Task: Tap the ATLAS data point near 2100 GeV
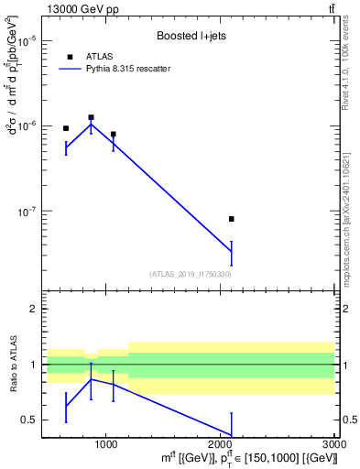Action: tap(232, 219)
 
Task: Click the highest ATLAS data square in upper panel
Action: tap(91, 117)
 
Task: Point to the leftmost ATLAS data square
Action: tap(66, 128)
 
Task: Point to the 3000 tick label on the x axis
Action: tap(333, 443)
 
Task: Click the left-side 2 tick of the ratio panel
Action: tap(33, 309)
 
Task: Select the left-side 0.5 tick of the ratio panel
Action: tap(29, 420)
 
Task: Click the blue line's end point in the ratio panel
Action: tap(232, 434)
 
